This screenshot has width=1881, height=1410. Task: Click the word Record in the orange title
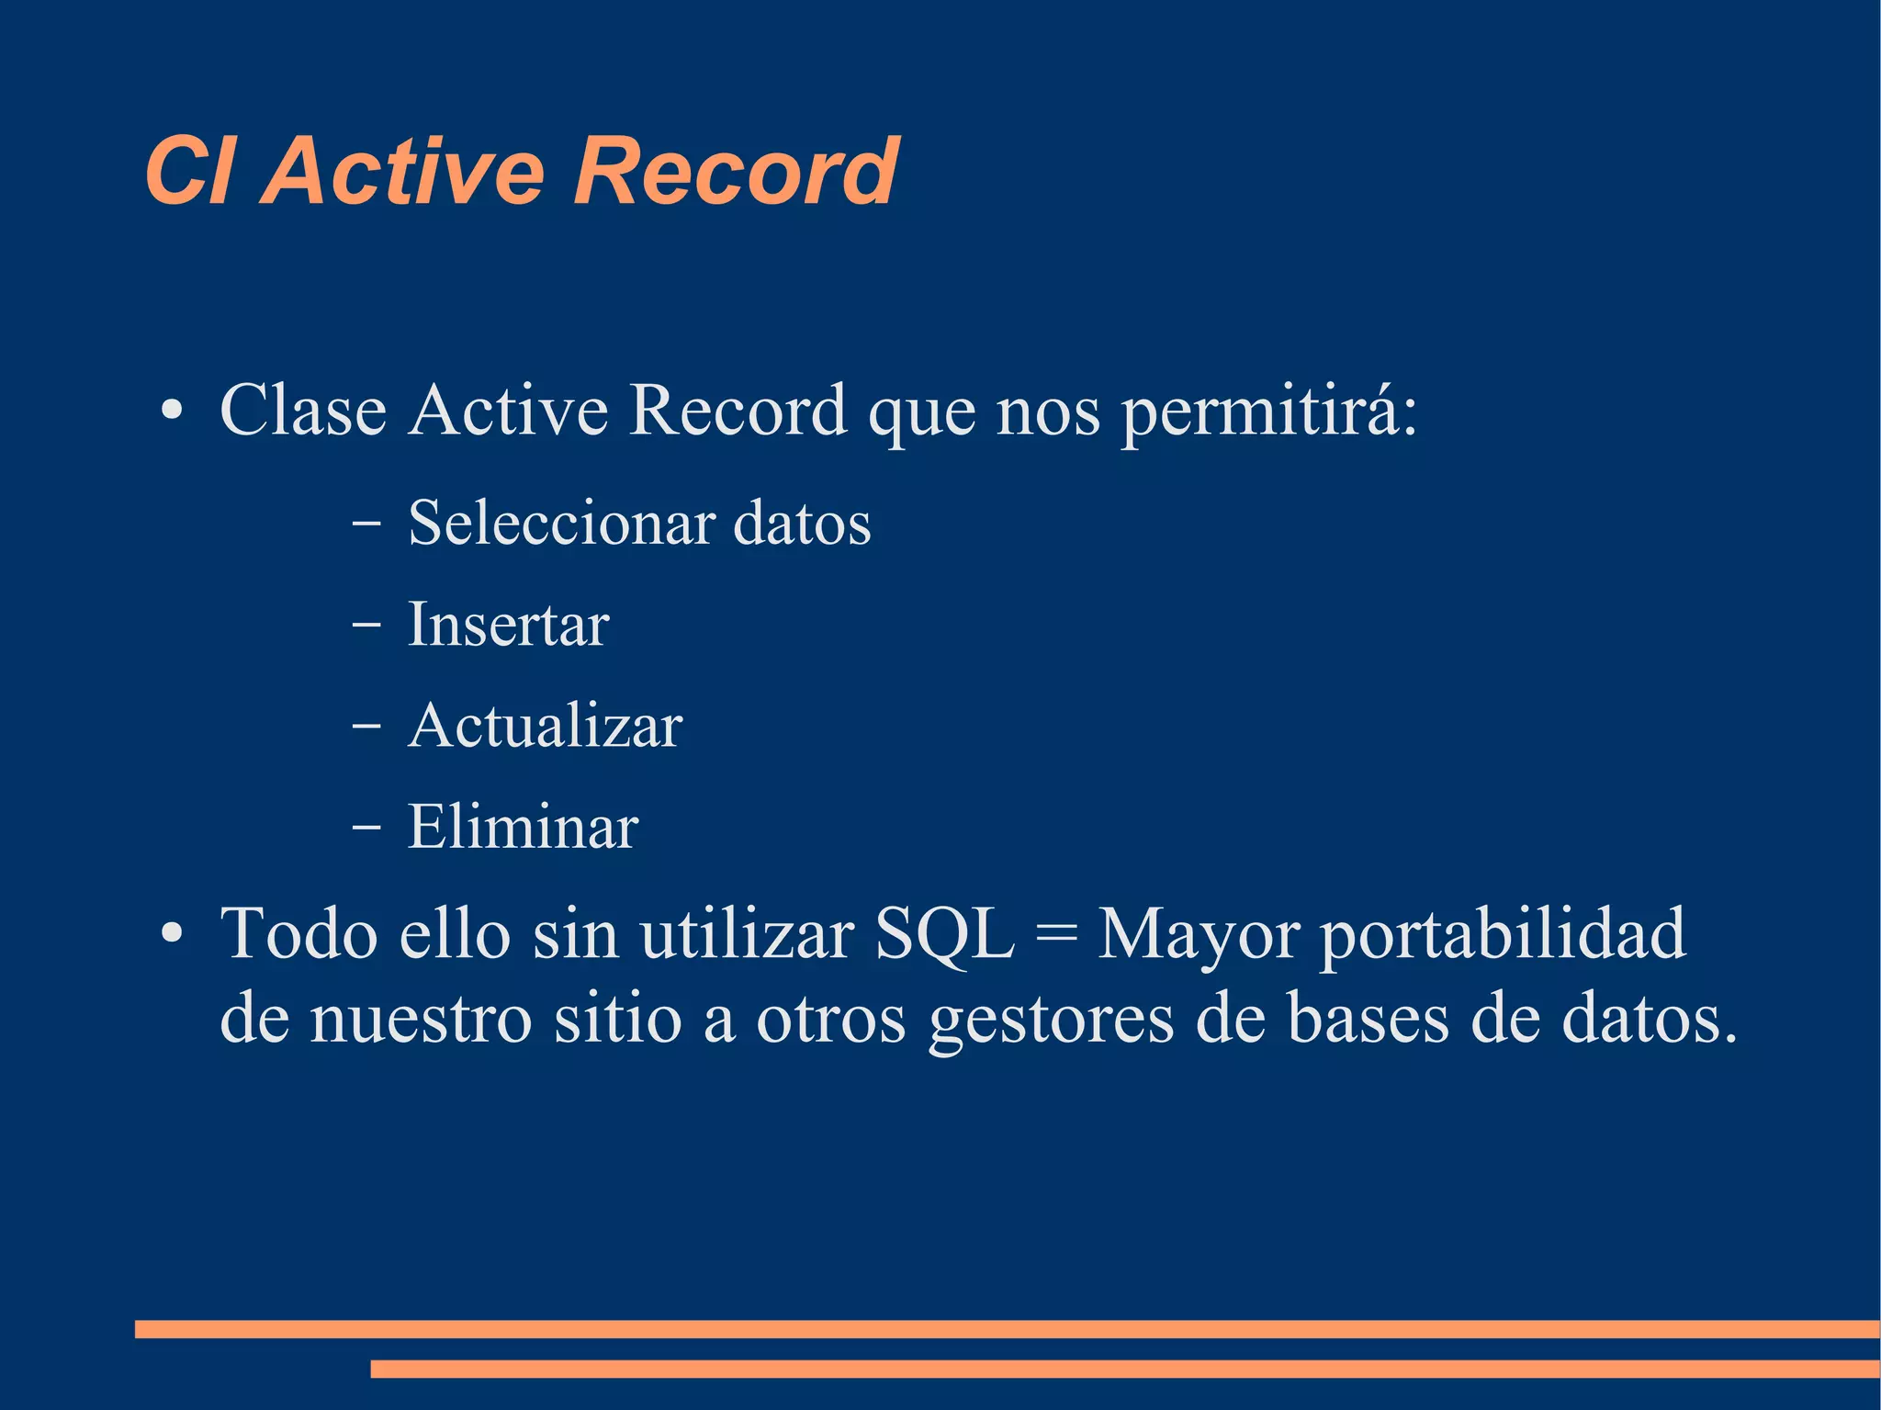(x=735, y=172)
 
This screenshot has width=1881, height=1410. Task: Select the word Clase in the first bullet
(x=303, y=411)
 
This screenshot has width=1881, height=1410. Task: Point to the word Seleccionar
(x=562, y=524)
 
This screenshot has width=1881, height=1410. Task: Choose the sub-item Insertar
(x=508, y=626)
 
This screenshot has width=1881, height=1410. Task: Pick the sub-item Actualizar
(x=545, y=727)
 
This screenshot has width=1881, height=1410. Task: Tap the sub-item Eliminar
(x=523, y=828)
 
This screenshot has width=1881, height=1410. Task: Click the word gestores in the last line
(x=1051, y=1021)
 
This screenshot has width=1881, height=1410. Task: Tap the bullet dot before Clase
(x=172, y=411)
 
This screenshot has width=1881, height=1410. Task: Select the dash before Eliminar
(x=366, y=828)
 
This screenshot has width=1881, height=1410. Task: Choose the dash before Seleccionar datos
(x=366, y=524)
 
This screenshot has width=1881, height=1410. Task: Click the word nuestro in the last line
(x=422, y=1020)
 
